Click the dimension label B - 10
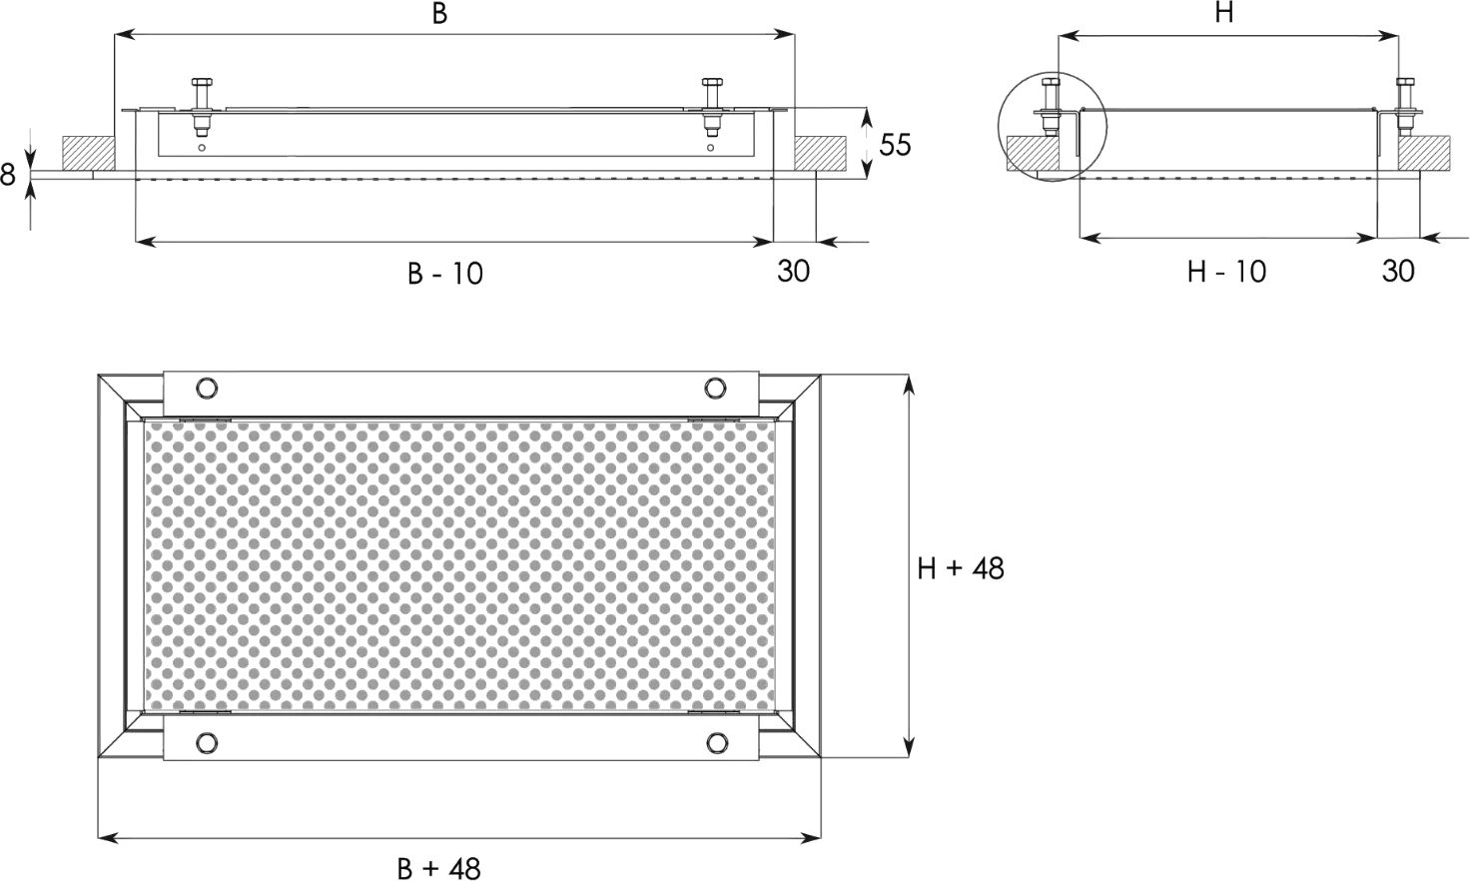coord(446,272)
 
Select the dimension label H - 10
coord(1225,271)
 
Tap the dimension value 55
coord(895,146)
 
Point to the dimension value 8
coord(8,176)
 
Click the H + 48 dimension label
coord(962,569)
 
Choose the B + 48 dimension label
coord(440,867)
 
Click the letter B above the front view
coord(439,13)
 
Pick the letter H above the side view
coord(1225,13)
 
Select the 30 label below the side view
coord(1398,271)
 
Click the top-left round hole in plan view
coord(206,388)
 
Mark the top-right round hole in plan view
coord(715,388)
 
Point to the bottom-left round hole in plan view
coord(206,742)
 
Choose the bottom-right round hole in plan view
coord(715,742)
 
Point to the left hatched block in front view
coord(87,152)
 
